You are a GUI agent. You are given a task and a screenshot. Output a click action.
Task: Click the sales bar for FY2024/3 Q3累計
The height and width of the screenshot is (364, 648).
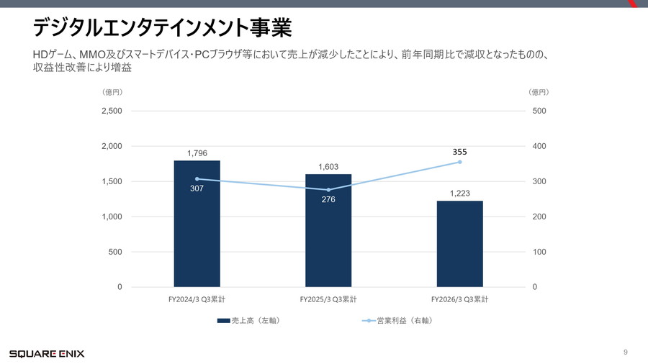pyautogui.click(x=197, y=224)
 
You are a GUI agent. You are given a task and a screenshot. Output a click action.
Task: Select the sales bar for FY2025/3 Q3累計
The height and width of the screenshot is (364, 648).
pyautogui.click(x=328, y=230)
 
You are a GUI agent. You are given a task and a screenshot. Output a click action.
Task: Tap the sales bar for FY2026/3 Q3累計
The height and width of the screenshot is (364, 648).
pyautogui.click(x=459, y=244)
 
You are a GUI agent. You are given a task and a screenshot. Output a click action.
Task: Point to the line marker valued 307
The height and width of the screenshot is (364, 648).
pyautogui.click(x=197, y=178)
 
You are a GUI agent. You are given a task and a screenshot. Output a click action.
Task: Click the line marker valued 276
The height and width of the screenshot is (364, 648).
pyautogui.click(x=328, y=190)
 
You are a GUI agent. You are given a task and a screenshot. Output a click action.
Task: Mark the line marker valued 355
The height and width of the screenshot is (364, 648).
pyautogui.click(x=459, y=162)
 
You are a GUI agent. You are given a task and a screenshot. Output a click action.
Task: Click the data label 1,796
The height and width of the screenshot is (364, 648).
pyautogui.click(x=197, y=153)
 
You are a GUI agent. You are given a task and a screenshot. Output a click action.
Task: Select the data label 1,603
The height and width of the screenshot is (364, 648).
pyautogui.click(x=328, y=167)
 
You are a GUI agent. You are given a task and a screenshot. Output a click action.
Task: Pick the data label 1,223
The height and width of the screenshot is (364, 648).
pyautogui.click(x=460, y=194)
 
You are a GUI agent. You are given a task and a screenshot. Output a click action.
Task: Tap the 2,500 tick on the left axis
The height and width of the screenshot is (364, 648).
pyautogui.click(x=111, y=112)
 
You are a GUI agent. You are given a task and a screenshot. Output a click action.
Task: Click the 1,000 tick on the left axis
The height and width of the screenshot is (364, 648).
pyautogui.click(x=111, y=217)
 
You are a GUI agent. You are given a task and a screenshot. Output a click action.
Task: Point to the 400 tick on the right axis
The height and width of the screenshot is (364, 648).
pyautogui.click(x=539, y=147)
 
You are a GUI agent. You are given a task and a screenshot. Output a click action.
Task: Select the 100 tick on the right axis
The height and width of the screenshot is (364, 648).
pyautogui.click(x=539, y=252)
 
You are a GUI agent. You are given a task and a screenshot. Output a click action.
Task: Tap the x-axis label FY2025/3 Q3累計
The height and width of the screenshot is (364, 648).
pyautogui.click(x=328, y=299)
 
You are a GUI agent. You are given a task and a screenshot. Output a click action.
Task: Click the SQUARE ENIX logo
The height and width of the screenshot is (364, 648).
pyautogui.click(x=47, y=353)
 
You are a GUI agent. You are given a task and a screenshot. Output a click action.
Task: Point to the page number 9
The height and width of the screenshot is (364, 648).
pyautogui.click(x=626, y=352)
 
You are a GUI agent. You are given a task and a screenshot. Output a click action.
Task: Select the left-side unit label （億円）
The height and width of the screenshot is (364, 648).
pyautogui.click(x=112, y=92)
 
